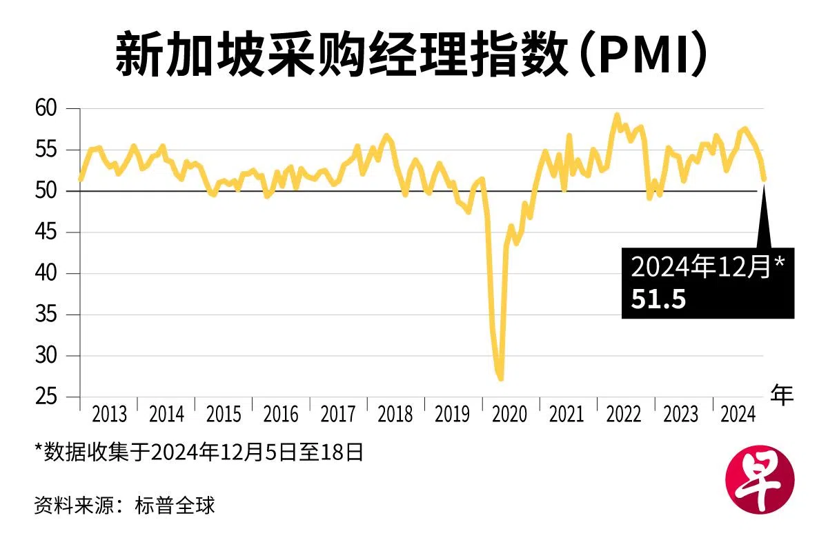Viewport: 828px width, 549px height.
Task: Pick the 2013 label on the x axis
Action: pyautogui.click(x=109, y=415)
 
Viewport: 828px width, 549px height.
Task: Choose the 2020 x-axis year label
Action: pyautogui.click(x=510, y=415)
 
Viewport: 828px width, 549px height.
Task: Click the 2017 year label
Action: pyautogui.click(x=338, y=415)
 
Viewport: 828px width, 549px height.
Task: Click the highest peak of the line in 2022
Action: pyautogui.click(x=617, y=115)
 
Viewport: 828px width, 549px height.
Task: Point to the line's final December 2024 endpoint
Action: pyautogui.click(x=764, y=179)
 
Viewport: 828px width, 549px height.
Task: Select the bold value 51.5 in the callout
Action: pyautogui.click(x=658, y=299)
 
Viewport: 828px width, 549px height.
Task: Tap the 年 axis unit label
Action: pyautogui.click(x=782, y=394)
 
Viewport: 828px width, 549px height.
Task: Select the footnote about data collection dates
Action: pyautogui.click(x=199, y=453)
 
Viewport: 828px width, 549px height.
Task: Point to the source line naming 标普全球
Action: pyautogui.click(x=125, y=505)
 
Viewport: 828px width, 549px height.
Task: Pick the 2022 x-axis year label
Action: pyautogui.click(x=624, y=415)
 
